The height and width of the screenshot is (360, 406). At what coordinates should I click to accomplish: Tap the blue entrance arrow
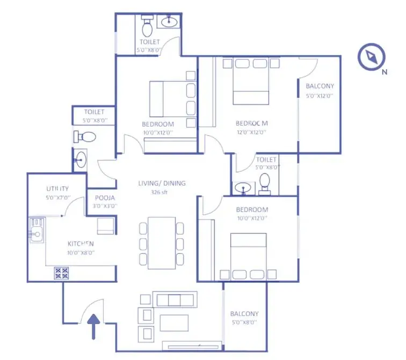point(95,327)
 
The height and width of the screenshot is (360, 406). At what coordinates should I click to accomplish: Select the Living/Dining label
point(162,183)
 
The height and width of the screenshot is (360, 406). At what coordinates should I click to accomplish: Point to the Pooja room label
point(102,197)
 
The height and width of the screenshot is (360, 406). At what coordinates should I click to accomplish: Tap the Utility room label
point(57,188)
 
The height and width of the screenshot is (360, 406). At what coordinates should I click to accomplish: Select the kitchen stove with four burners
point(61,273)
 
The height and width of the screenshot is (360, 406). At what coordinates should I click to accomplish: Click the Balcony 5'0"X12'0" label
point(320,86)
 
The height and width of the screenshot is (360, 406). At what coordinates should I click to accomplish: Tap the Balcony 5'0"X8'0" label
point(244,314)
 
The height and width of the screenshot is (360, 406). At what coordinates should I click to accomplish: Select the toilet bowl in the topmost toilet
point(146,25)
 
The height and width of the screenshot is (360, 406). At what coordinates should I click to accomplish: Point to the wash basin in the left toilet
point(81,159)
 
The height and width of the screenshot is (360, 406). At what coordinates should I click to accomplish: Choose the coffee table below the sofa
point(174,321)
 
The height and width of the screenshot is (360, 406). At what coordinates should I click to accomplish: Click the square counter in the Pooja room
point(105,225)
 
